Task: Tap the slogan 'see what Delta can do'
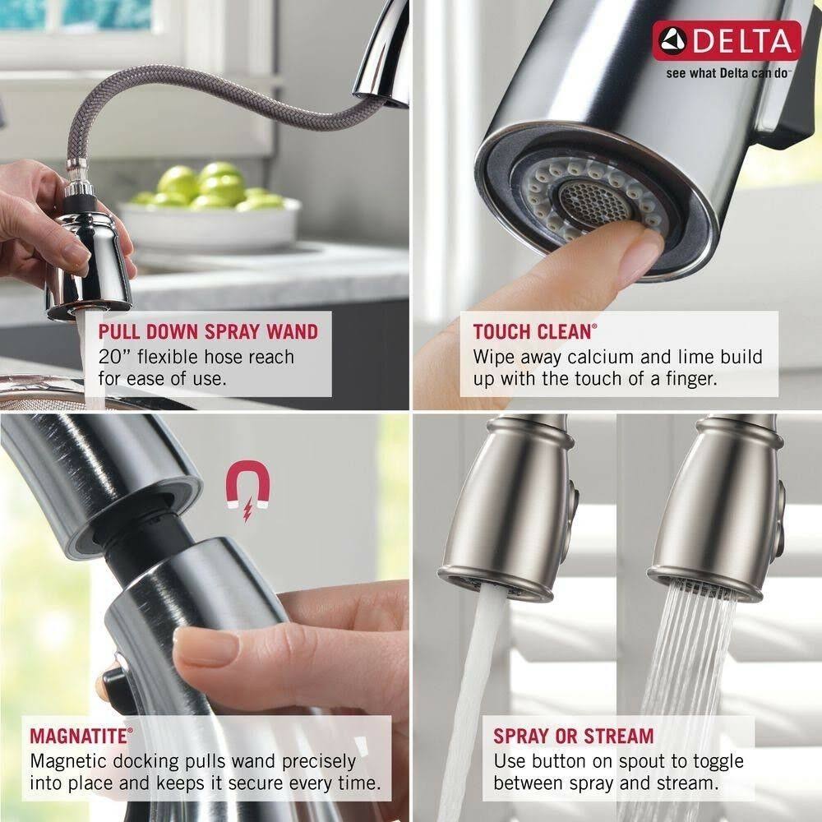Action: (x=727, y=72)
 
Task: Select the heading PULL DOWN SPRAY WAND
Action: (x=207, y=332)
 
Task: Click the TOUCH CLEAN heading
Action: (x=532, y=332)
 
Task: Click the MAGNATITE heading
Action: (x=78, y=735)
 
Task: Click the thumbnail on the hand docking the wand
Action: (x=205, y=647)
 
